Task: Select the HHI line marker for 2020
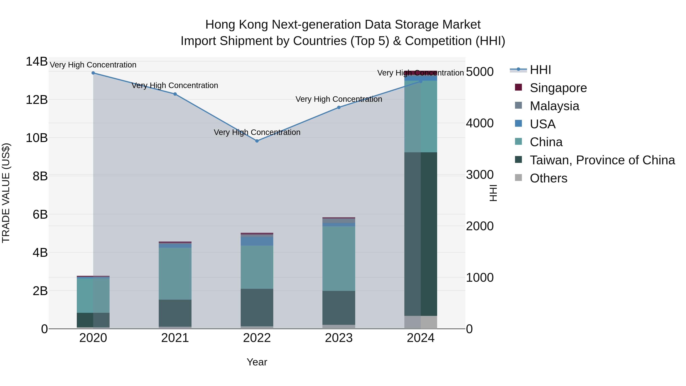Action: pyautogui.click(x=93, y=73)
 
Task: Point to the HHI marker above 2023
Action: pyautogui.click(x=339, y=107)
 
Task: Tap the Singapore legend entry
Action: pyautogui.click(x=558, y=88)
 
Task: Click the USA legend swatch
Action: pyautogui.click(x=518, y=124)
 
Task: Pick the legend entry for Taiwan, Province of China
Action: pyautogui.click(x=602, y=160)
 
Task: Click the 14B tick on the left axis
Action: pyautogui.click(x=36, y=62)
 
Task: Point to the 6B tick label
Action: pyautogui.click(x=40, y=214)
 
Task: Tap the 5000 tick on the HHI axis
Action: pyautogui.click(x=480, y=72)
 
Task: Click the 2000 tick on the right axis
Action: pyautogui.click(x=480, y=226)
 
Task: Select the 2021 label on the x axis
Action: pyautogui.click(x=175, y=338)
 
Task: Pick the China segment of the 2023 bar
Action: pyautogui.click(x=339, y=258)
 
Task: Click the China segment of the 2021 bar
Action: pyautogui.click(x=175, y=274)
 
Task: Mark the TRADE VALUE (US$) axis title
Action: pyautogui.click(x=6, y=193)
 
